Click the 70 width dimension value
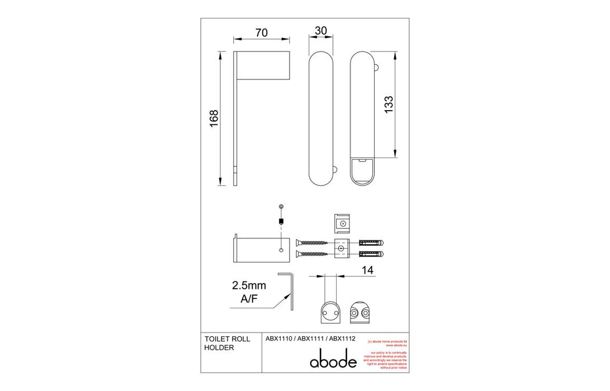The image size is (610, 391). tap(261, 32)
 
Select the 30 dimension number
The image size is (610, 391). tap(321, 31)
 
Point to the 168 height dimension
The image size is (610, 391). tap(214, 118)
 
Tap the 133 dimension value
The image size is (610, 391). tap(389, 105)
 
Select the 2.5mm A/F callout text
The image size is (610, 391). tap(249, 291)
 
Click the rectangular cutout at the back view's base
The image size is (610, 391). tap(362, 169)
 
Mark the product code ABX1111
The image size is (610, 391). tap(310, 338)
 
